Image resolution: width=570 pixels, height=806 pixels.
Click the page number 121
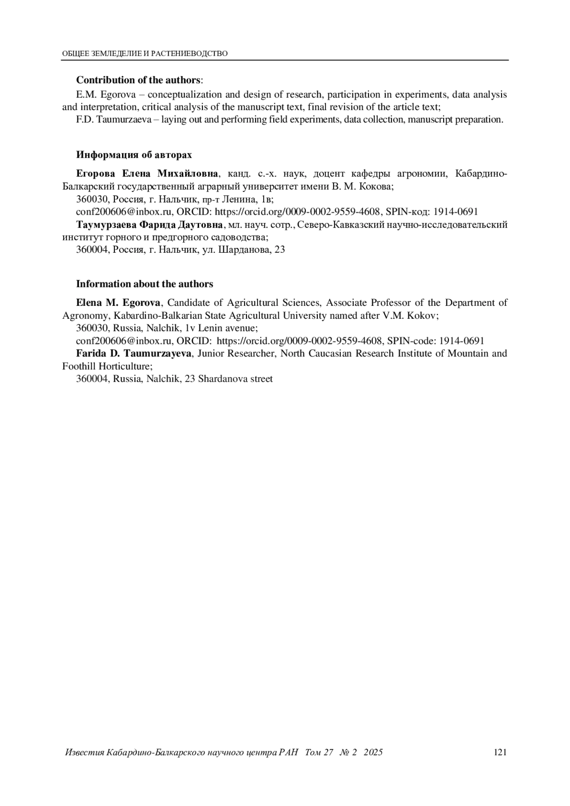[x=500, y=752]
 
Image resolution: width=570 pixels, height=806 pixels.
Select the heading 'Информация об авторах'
[x=134, y=155]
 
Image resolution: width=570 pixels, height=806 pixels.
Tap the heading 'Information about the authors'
[x=144, y=284]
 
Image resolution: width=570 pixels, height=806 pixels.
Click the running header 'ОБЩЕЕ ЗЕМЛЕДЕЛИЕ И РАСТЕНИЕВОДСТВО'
[x=145, y=54]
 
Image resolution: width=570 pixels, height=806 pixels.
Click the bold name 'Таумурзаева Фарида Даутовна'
[x=150, y=224]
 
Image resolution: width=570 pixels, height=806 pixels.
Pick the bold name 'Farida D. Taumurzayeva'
[x=134, y=353]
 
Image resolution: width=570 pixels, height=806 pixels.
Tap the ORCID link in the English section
[x=299, y=341]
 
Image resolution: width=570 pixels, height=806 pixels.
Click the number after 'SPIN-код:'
[x=456, y=212]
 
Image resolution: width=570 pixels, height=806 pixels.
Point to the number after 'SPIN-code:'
[x=461, y=341]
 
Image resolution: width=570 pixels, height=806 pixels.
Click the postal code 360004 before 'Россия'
[x=92, y=249]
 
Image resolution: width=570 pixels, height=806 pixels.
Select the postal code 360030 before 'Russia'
[x=92, y=328]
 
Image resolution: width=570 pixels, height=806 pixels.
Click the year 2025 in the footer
[x=373, y=752]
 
